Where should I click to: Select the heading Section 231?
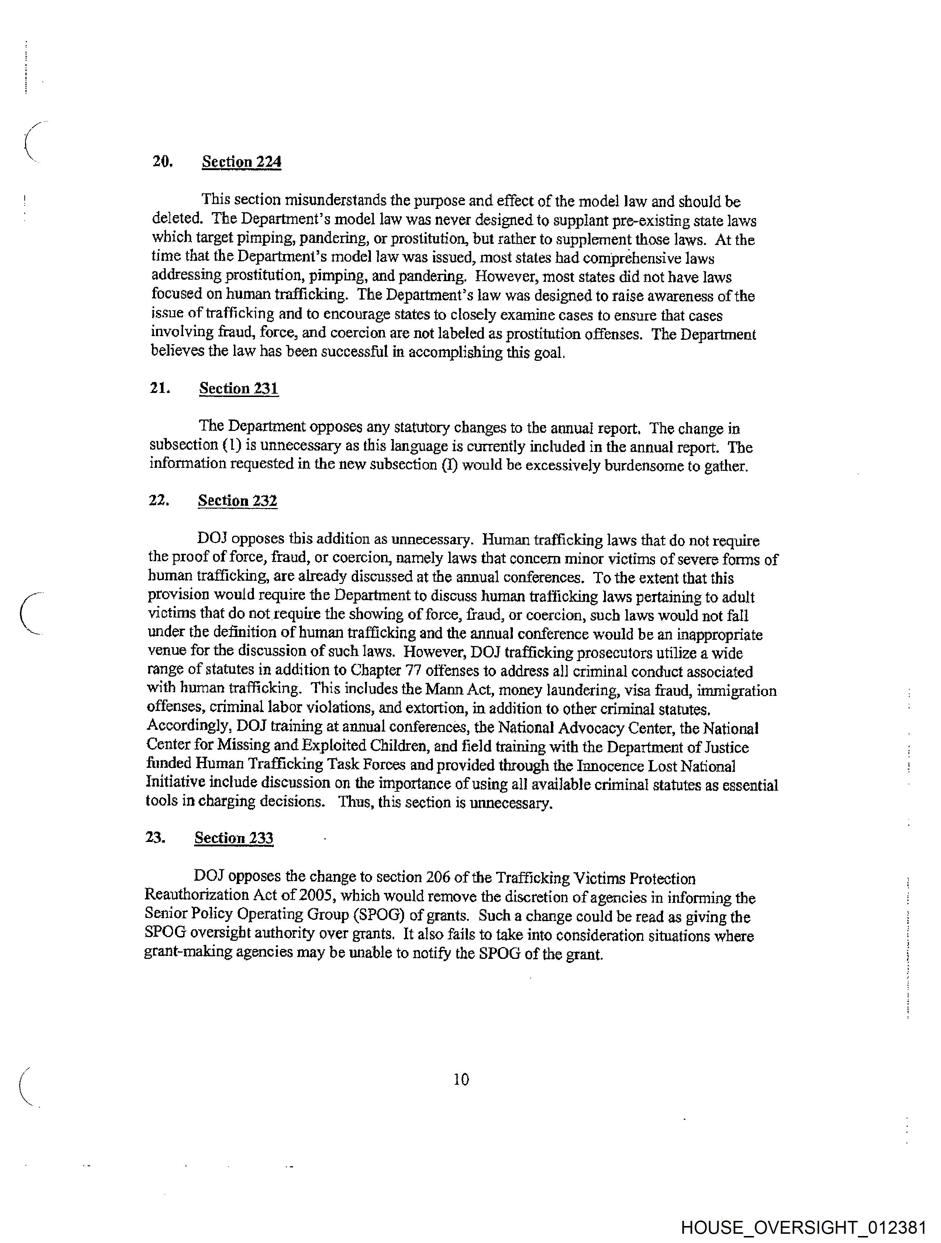(x=239, y=388)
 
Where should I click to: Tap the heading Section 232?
(x=237, y=501)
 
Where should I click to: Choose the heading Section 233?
(x=234, y=838)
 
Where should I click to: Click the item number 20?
(x=162, y=162)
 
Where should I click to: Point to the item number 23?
(x=155, y=837)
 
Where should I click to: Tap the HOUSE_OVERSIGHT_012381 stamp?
(x=803, y=1227)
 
